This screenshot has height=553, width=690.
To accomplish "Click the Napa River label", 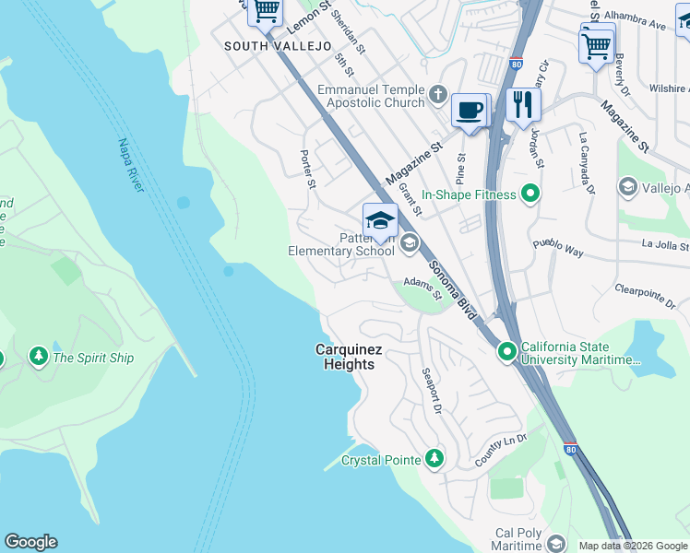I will (x=131, y=165).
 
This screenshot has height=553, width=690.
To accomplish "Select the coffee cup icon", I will (x=470, y=111).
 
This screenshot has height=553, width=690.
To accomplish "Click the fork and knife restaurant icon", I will (x=523, y=104).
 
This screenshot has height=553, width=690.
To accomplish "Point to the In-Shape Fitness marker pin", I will (x=529, y=194).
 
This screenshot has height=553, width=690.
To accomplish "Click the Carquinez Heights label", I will (x=345, y=357).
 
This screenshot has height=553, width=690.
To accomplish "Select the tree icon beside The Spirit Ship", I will (x=38, y=358).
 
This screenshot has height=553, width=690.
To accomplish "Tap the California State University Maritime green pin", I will (x=507, y=352).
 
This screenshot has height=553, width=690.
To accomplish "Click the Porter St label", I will (x=308, y=168).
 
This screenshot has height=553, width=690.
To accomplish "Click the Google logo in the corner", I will (x=30, y=542).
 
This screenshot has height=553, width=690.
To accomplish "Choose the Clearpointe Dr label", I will (x=652, y=297).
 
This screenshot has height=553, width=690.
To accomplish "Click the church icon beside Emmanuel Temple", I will (x=438, y=96).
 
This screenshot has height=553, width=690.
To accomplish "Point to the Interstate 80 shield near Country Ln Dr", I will (x=571, y=449).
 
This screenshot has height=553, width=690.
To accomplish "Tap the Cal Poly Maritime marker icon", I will (x=555, y=543).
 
